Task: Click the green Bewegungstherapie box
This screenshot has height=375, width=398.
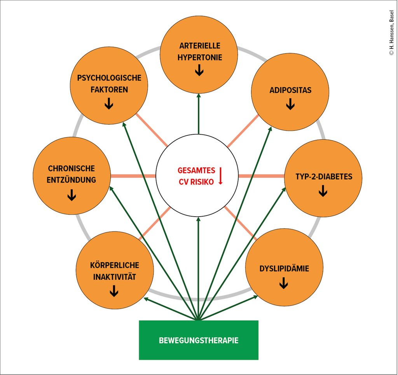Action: (199, 340)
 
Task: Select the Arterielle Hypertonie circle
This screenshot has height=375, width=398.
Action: (199, 54)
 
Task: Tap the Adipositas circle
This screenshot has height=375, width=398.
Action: (290, 92)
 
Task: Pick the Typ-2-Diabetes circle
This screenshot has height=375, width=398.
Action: (323, 178)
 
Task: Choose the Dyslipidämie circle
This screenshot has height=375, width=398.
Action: (284, 267)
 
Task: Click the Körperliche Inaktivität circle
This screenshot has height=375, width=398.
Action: (114, 271)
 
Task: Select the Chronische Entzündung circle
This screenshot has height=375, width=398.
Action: (72, 176)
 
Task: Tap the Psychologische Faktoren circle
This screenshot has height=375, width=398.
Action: (109, 85)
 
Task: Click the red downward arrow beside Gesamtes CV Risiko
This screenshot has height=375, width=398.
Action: (220, 175)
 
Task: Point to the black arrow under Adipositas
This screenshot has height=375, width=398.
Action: (290, 104)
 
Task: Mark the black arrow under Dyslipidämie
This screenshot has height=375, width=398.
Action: (284, 284)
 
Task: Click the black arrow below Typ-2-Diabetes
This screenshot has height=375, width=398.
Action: (323, 191)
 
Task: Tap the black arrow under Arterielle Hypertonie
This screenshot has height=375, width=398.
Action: (199, 70)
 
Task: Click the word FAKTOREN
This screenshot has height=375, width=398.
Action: (108, 90)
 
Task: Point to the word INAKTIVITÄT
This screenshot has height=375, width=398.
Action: (114, 277)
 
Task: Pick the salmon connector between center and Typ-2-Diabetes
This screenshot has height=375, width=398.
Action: (261, 176)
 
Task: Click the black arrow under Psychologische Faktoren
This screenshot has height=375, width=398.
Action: (109, 103)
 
